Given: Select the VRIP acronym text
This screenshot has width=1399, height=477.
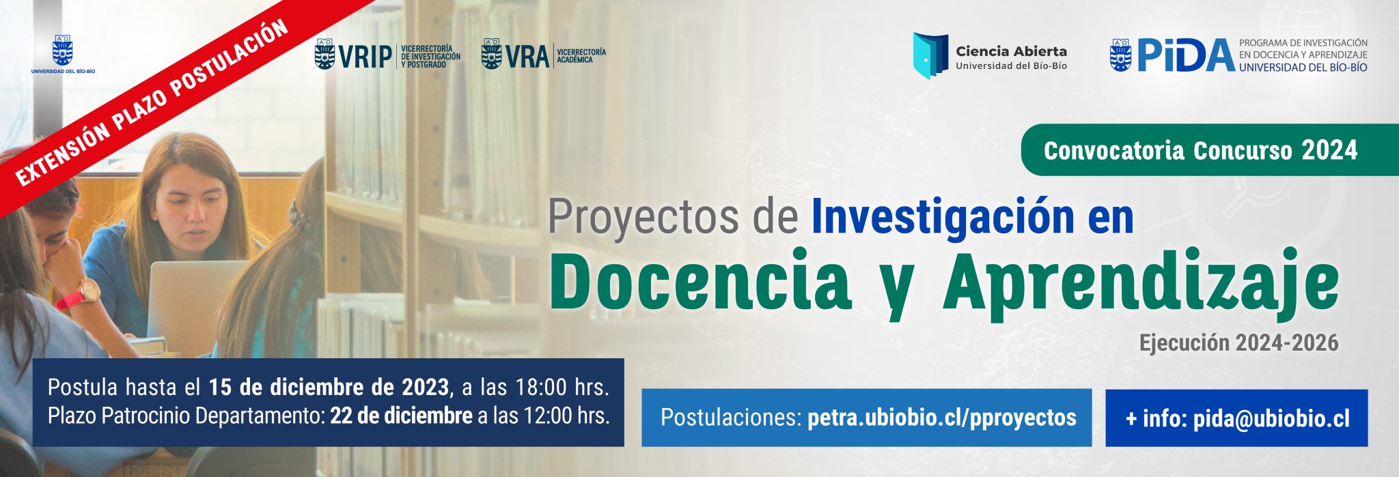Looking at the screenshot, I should pos(365,57).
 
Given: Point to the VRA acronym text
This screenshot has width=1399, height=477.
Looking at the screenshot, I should pos(527,57).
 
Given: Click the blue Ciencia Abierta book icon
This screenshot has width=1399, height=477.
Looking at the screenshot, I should pos(930,55).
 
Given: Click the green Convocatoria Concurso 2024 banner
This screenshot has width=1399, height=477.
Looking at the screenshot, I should pos(1200,150).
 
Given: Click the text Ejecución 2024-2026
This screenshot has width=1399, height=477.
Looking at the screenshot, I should pos(1238,343).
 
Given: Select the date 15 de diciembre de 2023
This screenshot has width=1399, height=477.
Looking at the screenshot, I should pos(329,388).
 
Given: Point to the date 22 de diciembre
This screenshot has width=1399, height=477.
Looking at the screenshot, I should pos(401,416).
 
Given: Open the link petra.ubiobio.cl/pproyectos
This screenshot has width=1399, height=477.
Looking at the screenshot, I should pos(941,418).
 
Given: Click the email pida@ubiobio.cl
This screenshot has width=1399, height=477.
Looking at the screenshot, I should pos(1271,418).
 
